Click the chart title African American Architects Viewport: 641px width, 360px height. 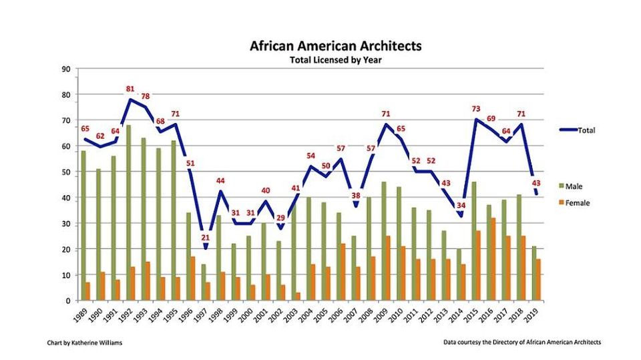(336, 45)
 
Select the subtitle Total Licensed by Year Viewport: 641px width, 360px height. (336, 59)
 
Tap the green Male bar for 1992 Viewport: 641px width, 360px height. (129, 212)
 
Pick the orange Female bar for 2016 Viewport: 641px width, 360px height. (493, 259)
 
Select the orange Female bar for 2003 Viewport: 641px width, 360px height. (298, 297)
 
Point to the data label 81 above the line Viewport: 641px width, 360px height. (130, 89)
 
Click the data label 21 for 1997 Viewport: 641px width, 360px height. (205, 237)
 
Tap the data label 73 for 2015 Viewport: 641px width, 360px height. (476, 109)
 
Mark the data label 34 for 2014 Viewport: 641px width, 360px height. (461, 205)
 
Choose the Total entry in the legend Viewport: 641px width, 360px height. (577, 130)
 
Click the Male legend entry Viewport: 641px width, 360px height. (571, 186)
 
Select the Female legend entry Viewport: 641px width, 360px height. (574, 203)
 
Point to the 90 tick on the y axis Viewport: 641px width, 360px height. (66, 69)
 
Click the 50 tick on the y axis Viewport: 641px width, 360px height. (66, 172)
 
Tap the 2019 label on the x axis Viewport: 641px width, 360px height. (531, 315)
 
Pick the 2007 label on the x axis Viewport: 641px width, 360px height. (351, 315)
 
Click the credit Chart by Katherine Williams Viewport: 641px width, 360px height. (85, 343)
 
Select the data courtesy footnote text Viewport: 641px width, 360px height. (522, 342)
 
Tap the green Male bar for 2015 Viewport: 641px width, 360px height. (474, 241)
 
